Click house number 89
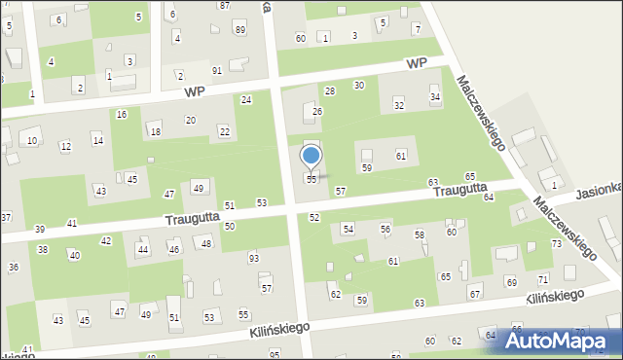tap(240, 29)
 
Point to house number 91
tap(217, 70)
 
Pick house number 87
tap(225, 6)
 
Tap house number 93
tap(254, 258)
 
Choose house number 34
tap(435, 97)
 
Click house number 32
tap(398, 104)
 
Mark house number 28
tap(330, 90)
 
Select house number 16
tap(121, 115)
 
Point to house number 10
tap(32, 141)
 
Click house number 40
tap(74, 256)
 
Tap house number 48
tap(206, 242)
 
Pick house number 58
tap(420, 235)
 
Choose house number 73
tap(557, 243)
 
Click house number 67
tap(475, 294)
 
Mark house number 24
tap(247, 100)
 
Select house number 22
tap(225, 131)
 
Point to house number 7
tap(416, 29)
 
